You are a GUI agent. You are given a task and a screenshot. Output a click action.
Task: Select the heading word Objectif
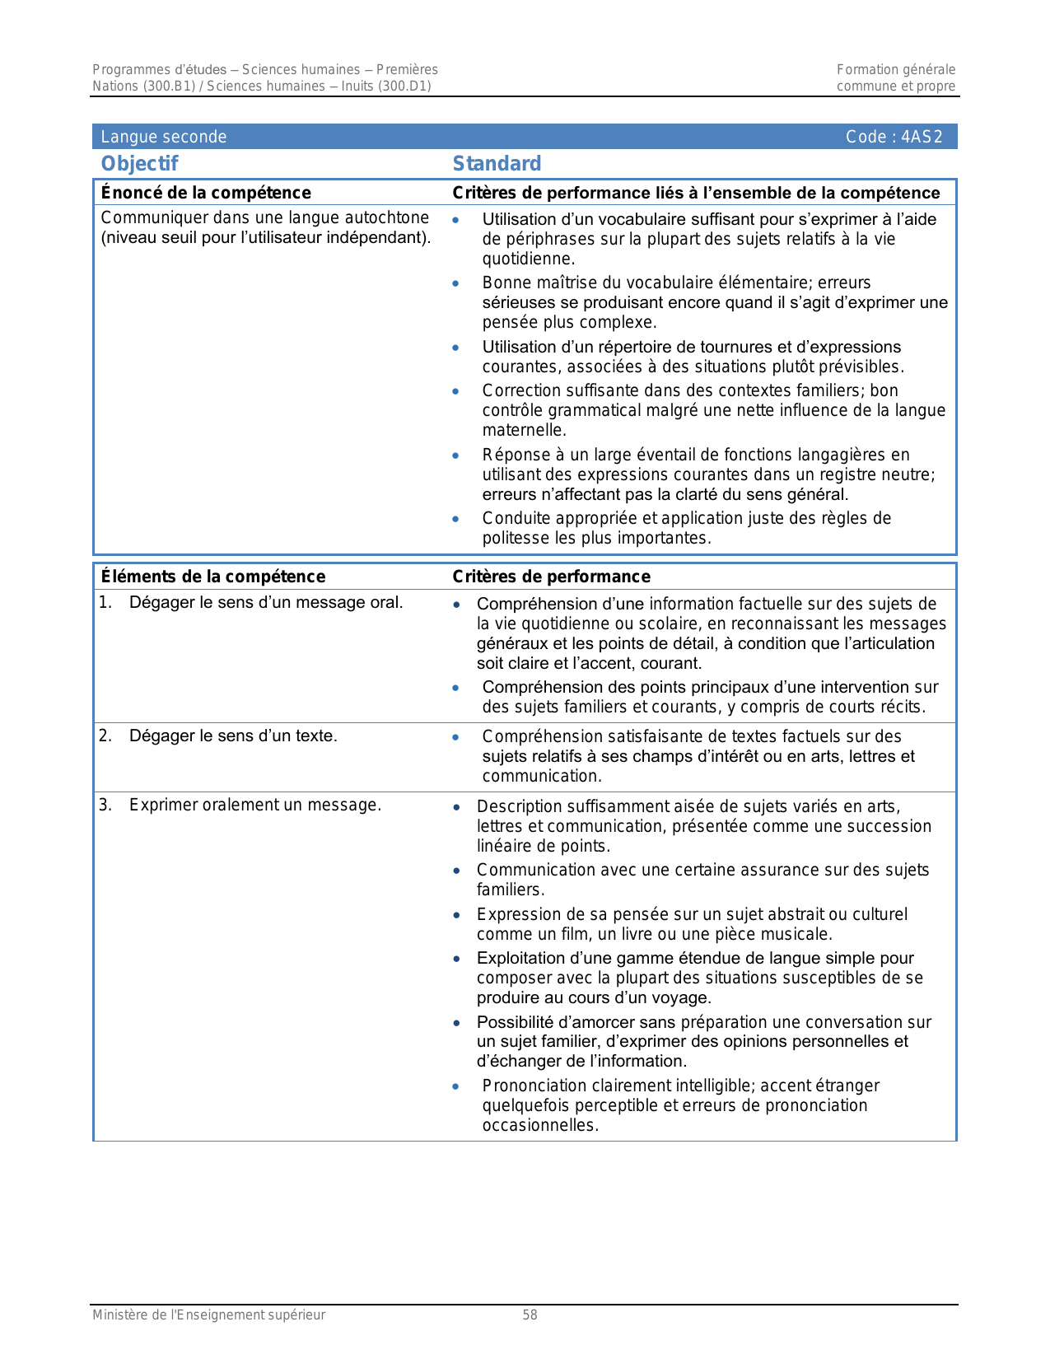pyautogui.click(x=139, y=164)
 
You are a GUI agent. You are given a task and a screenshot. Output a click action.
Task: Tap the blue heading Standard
pyautogui.click(x=497, y=164)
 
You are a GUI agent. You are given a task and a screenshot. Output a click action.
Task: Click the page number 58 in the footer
pyautogui.click(x=530, y=1315)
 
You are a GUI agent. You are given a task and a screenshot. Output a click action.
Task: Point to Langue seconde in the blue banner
pyautogui.click(x=163, y=137)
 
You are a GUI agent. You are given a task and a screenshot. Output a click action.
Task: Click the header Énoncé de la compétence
pyautogui.click(x=205, y=193)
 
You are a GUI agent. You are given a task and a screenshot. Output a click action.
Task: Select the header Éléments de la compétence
pyautogui.click(x=212, y=577)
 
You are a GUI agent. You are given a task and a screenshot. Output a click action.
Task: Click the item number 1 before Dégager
pyautogui.click(x=105, y=602)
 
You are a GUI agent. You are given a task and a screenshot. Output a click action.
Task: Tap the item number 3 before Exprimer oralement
pyautogui.click(x=105, y=805)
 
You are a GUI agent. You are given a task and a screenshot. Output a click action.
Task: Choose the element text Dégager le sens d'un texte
pyautogui.click(x=233, y=736)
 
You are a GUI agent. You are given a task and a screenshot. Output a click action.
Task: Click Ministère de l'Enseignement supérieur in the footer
pyautogui.click(x=208, y=1315)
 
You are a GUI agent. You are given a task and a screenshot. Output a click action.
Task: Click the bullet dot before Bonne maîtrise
pyautogui.click(x=455, y=283)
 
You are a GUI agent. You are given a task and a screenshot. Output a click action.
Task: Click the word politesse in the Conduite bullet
pyautogui.click(x=516, y=538)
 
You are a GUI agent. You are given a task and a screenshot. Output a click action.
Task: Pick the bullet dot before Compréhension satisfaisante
pyautogui.click(x=455, y=737)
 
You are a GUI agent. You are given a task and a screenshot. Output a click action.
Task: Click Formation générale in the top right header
pyautogui.click(x=896, y=70)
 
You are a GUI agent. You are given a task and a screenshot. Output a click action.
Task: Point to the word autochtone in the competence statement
pyautogui.click(x=388, y=217)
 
